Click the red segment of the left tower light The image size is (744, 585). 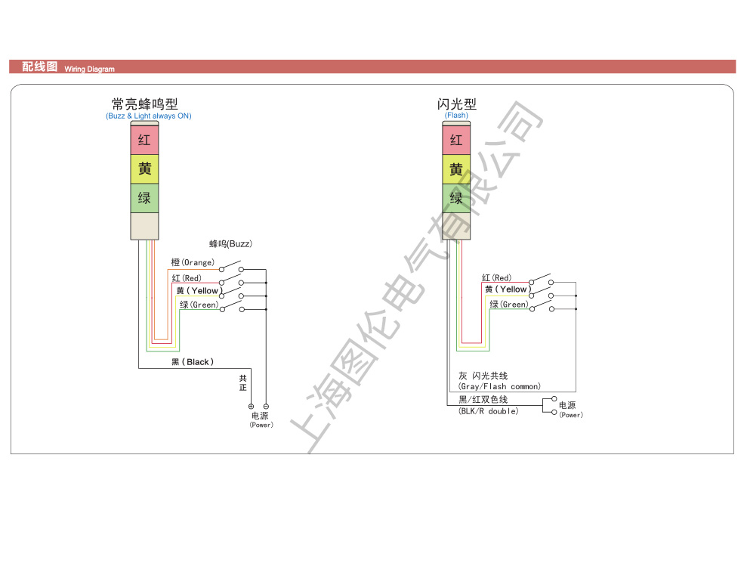[x=145, y=140]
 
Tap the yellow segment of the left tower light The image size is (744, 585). [x=145, y=169]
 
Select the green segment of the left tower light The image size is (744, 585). [x=145, y=198]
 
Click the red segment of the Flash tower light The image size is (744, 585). [x=456, y=140]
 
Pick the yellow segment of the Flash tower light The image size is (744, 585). [x=456, y=169]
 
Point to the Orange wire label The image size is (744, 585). [x=193, y=262]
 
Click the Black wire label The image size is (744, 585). [x=193, y=362]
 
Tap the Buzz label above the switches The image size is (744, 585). [x=230, y=243]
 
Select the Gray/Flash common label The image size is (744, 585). [x=499, y=381]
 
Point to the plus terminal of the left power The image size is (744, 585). [x=251, y=407]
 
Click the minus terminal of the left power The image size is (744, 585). [x=266, y=407]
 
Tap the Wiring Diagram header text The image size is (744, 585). [x=90, y=69]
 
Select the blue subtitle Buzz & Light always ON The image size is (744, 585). [x=149, y=116]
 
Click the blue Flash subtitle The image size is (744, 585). [x=456, y=116]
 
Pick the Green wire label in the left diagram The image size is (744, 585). [x=199, y=305]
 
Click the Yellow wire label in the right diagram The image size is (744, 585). [x=508, y=289]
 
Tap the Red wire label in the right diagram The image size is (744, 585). [x=496, y=277]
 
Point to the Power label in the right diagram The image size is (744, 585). [x=570, y=410]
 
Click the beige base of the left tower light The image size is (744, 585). [x=145, y=226]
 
